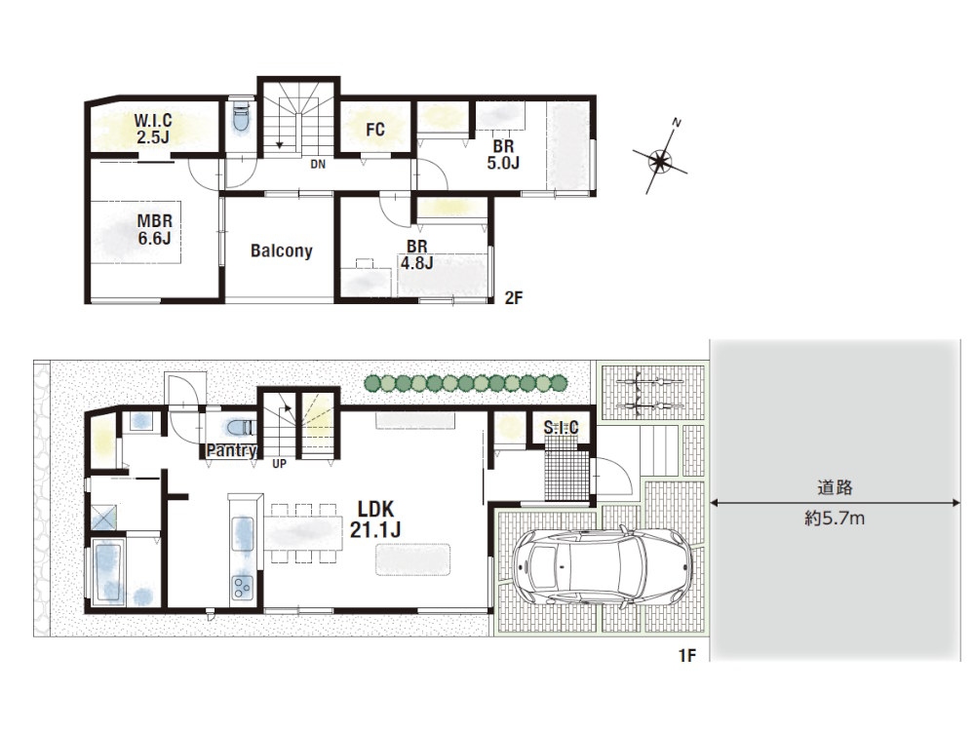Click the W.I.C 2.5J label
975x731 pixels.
pos(152,129)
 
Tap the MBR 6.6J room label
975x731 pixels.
pos(154,229)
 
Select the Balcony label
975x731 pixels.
pos(281,250)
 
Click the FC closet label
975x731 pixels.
pos(376,129)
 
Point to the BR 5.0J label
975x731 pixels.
pos(502,155)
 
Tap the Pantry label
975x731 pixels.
pos(231,450)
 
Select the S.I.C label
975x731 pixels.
pos(561,426)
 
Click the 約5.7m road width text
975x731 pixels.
pos(835,519)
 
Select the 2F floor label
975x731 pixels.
pos(515,299)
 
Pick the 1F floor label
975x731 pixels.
pos(686,656)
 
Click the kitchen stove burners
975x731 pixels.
pos(241,586)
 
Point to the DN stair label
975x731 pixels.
pos(318,164)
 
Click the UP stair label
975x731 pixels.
pos(280,463)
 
